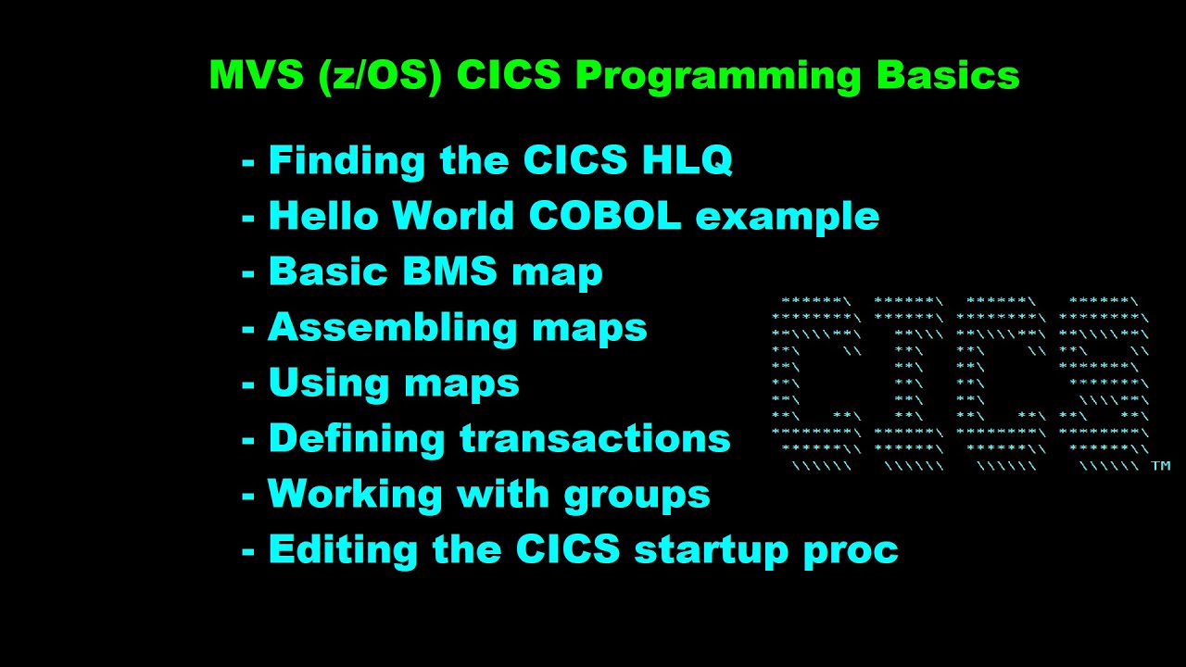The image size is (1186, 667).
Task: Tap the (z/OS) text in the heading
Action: (379, 76)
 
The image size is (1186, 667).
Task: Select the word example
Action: (787, 216)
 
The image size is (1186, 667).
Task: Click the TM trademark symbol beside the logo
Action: (1160, 467)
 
